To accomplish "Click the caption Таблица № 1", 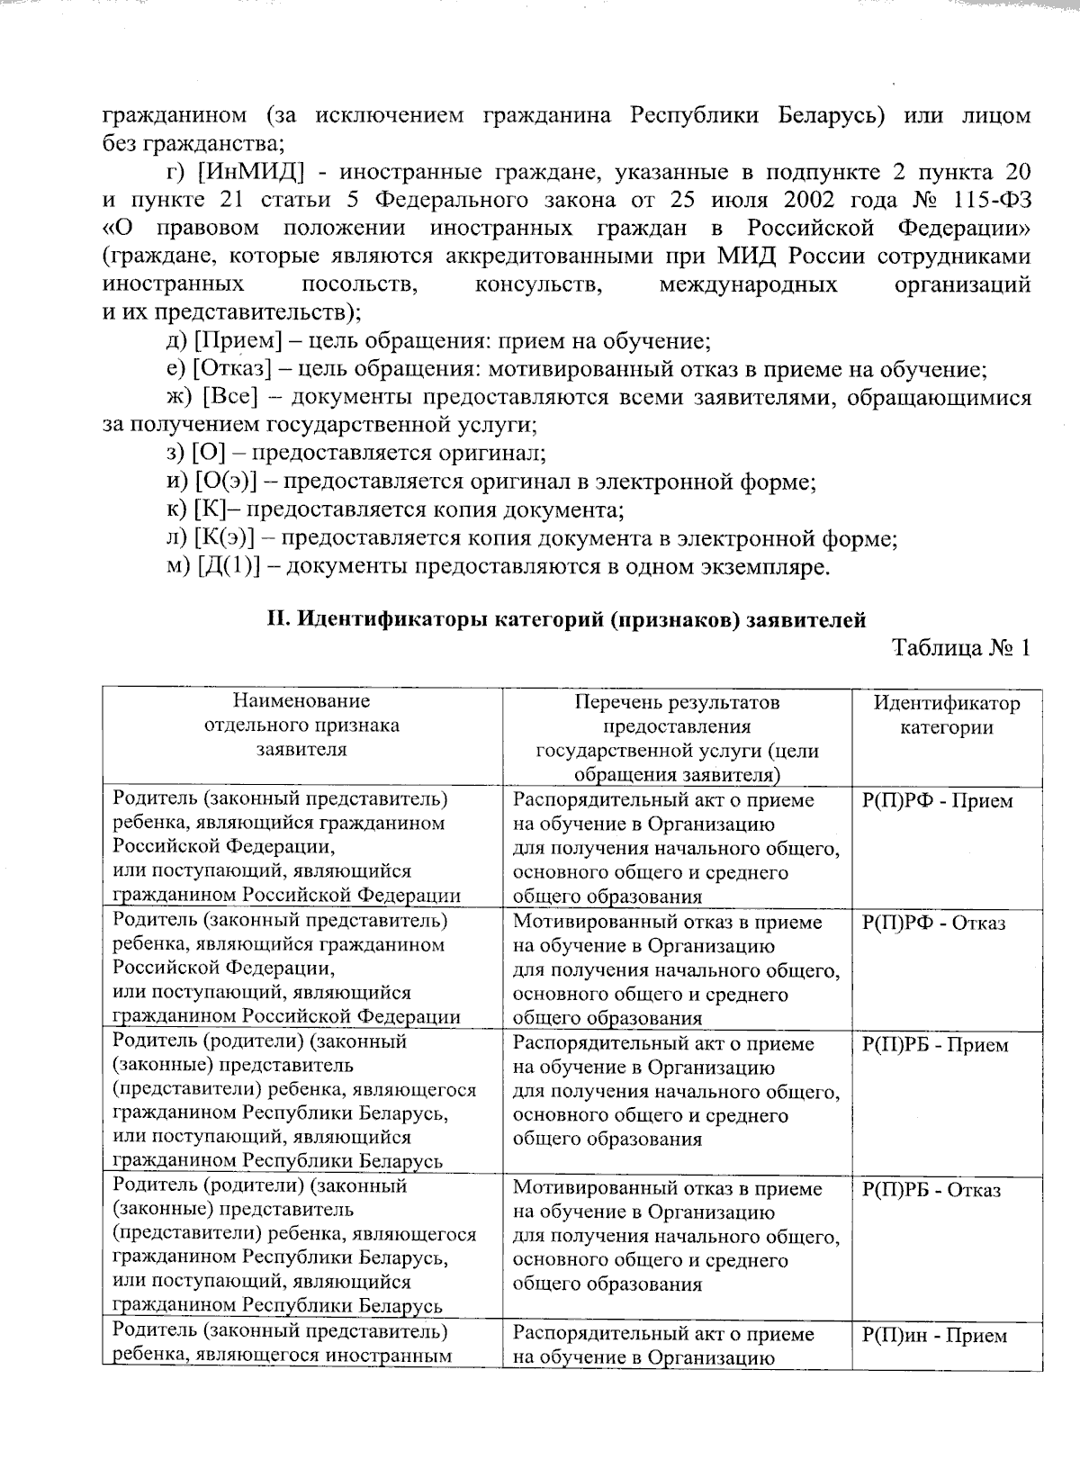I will tap(959, 648).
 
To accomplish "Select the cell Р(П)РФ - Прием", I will tap(937, 801).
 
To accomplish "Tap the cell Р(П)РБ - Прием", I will tap(935, 1045).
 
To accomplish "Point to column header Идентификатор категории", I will tap(947, 716).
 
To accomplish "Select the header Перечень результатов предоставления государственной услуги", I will tap(677, 738).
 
